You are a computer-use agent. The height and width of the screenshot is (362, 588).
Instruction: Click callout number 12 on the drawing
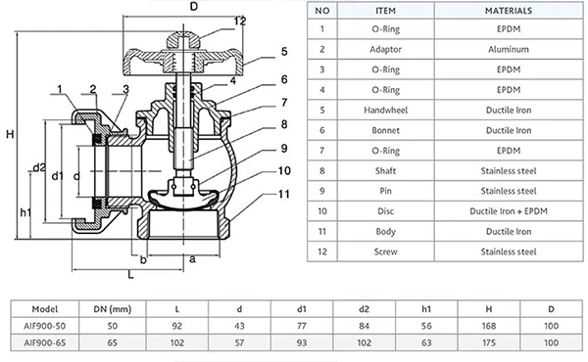click(x=240, y=21)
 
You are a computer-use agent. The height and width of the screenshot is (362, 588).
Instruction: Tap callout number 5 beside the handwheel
click(x=282, y=51)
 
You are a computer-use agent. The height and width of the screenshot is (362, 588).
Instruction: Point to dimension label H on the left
click(x=9, y=135)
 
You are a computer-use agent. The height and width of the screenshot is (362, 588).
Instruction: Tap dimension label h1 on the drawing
click(x=25, y=213)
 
